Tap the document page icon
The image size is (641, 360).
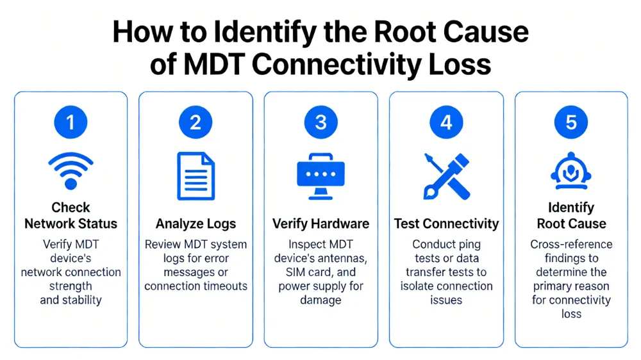pyautogui.click(x=196, y=176)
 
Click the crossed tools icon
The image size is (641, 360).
pyautogui.click(x=446, y=176)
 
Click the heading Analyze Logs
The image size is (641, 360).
pyautogui.click(x=196, y=224)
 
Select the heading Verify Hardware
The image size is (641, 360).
pyautogui.click(x=320, y=224)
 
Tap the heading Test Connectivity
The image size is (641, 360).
pyautogui.click(x=446, y=224)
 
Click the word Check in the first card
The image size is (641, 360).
pyautogui.click(x=71, y=208)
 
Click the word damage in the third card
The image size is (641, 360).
pyautogui.click(x=320, y=300)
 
